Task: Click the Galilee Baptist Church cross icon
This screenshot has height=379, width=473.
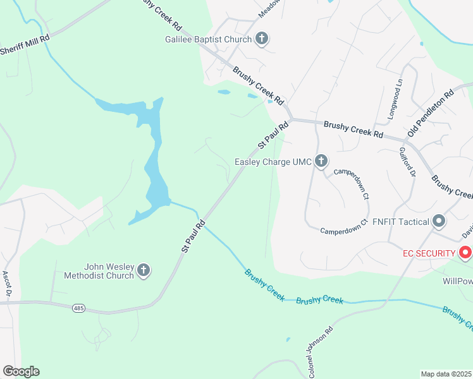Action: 261,39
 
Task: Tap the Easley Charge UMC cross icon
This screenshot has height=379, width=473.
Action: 321,162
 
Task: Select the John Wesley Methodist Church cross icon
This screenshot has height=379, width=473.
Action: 144,270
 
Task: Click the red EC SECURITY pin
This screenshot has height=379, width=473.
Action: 466,253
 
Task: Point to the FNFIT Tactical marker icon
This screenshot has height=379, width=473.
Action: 439,222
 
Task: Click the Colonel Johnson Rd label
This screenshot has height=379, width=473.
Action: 321,351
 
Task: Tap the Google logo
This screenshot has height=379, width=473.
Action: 21,371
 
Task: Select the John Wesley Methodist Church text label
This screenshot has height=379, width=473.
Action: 99,270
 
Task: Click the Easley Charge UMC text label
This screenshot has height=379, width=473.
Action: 273,162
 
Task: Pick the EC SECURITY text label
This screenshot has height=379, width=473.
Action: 429,253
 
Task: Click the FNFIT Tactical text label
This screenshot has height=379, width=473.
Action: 400,222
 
